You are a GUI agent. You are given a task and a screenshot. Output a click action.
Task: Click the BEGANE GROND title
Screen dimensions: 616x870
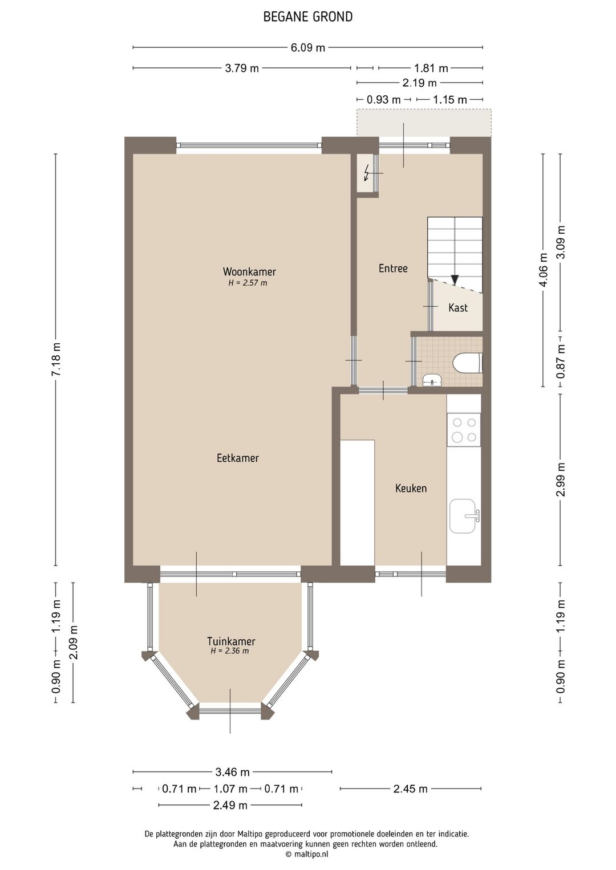pos(308,17)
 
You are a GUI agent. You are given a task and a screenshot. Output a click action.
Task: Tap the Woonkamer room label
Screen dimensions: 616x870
pos(249,271)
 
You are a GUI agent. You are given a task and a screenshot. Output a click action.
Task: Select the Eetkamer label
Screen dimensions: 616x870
pos(237,458)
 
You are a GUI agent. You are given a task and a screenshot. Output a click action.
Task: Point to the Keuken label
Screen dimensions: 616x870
pos(411,488)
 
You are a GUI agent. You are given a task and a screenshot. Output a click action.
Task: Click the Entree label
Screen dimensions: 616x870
pos(393,269)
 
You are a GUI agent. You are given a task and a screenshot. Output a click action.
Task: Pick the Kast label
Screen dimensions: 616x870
pos(458,308)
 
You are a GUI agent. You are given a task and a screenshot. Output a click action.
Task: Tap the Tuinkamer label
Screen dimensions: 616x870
pos(231,641)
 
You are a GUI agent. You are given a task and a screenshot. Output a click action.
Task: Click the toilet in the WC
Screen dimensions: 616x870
pos(468,363)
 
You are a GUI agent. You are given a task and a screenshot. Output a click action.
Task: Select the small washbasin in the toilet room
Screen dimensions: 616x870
pos(432,380)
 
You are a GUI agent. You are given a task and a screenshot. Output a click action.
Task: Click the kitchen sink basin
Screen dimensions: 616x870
pos(463,516)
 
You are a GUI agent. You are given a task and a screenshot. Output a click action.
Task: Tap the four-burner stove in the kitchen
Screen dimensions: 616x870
pos(464,429)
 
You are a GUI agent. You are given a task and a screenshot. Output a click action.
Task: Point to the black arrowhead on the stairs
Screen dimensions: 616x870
pos(455,280)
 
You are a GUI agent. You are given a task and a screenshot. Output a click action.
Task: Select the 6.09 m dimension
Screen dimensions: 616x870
pos(308,48)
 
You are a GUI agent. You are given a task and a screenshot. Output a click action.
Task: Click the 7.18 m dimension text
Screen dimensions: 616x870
pos(56,359)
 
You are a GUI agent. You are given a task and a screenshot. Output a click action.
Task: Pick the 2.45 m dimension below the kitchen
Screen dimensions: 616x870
pos(411,789)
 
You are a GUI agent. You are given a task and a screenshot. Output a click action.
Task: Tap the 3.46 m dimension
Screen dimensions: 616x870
pos(232,772)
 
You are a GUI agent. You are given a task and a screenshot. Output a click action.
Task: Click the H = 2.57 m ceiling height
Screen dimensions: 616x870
pos(248,283)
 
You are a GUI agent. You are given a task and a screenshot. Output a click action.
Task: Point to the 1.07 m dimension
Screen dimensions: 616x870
pos(230,789)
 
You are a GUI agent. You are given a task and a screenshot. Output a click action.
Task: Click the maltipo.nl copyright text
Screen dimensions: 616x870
pos(307,854)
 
